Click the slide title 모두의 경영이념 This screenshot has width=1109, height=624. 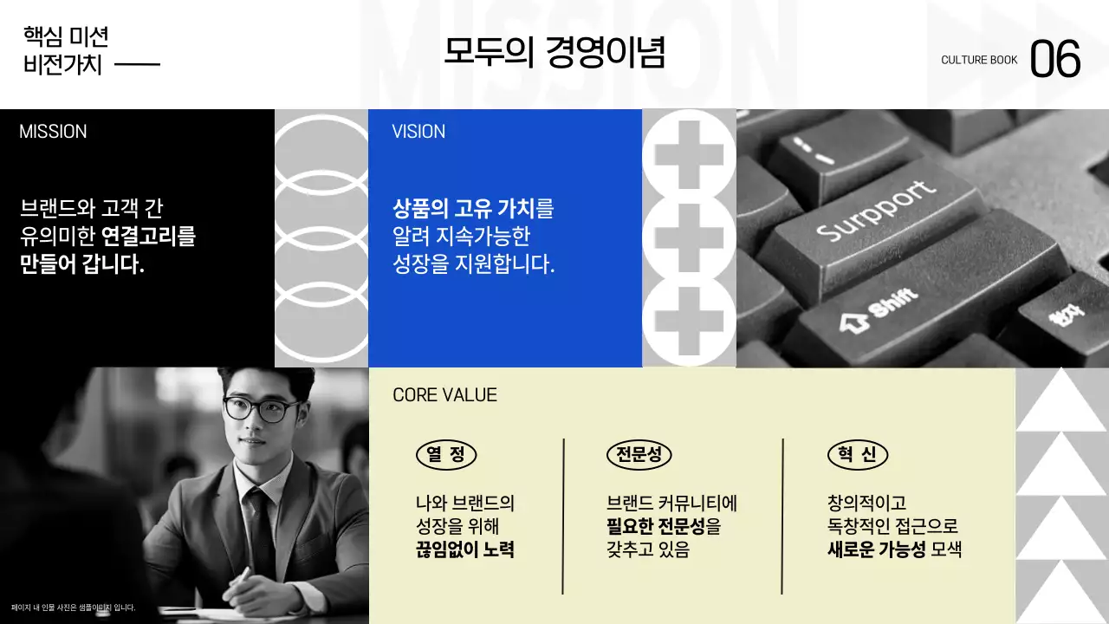pos(554,53)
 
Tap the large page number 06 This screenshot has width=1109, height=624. pos(1055,60)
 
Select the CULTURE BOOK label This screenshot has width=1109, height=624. pos(979,61)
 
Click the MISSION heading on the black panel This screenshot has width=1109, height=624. pos(53,132)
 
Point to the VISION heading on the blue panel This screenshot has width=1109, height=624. pos(418,132)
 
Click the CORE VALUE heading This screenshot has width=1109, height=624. pos(444,395)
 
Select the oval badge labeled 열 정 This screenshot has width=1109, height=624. pos(446,455)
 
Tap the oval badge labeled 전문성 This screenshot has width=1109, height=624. pos(639,455)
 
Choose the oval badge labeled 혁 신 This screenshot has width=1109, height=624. pos(858,455)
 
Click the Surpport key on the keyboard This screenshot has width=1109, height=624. pos(875,213)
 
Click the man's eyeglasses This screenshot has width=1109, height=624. pos(261,409)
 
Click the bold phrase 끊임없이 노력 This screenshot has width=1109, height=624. pos(465,549)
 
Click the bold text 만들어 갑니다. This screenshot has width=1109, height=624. pos(82,265)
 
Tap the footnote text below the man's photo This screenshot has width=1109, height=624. pos(73,608)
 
